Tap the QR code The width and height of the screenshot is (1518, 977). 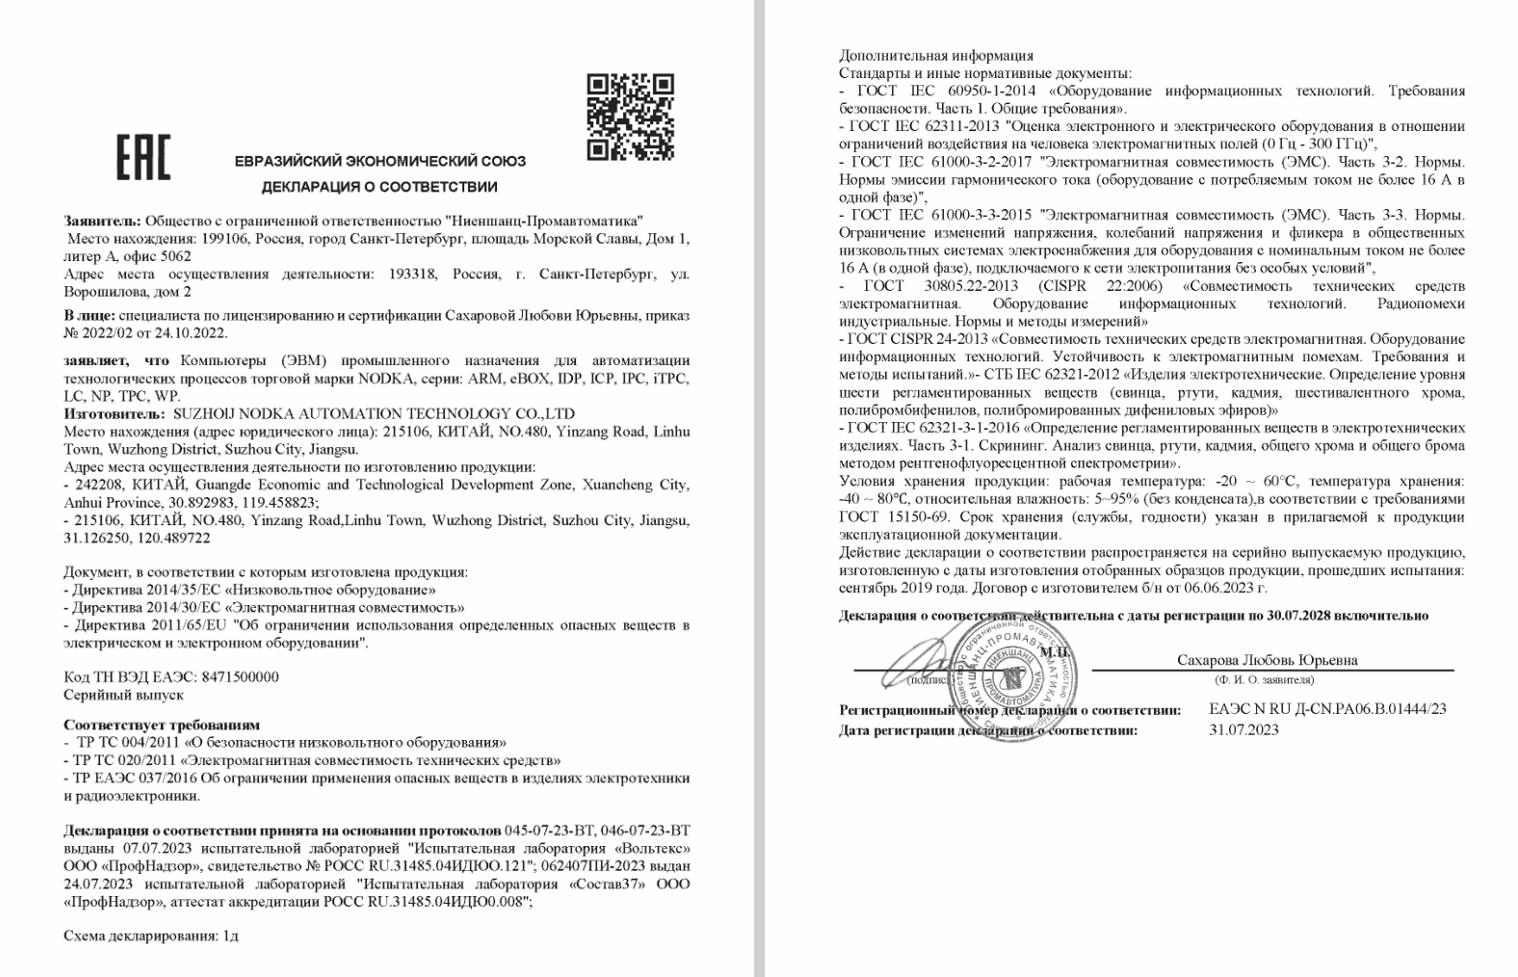coord(631,116)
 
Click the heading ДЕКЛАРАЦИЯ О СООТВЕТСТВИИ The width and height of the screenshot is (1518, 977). coord(379,186)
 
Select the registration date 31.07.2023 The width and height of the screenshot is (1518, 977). coord(1243,729)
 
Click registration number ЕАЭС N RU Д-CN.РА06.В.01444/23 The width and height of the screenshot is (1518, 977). coord(1327,709)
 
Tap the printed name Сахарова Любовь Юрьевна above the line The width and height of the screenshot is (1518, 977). coord(1267,660)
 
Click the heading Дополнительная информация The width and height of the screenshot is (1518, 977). coord(936,55)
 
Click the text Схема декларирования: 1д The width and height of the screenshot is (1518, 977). coord(151,936)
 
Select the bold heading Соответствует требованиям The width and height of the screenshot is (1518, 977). coord(162,725)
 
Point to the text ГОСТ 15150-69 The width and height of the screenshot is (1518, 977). coord(886,516)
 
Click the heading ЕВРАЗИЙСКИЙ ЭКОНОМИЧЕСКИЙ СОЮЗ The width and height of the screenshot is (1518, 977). coord(380,161)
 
